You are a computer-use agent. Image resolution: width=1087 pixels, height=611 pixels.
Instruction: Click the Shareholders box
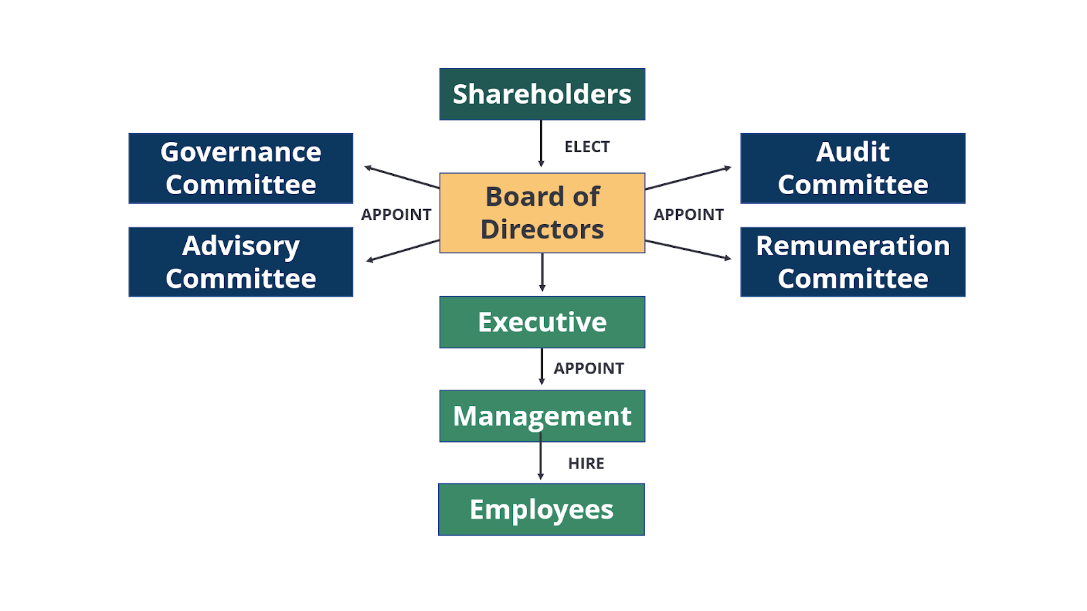tap(542, 94)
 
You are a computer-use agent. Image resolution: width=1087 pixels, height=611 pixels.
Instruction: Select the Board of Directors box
tap(542, 213)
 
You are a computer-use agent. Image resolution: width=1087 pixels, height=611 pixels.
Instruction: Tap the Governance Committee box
tap(240, 168)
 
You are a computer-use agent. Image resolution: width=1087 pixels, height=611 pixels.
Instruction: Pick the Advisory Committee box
tap(240, 262)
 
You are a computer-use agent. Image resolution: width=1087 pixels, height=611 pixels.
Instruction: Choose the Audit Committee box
tap(853, 168)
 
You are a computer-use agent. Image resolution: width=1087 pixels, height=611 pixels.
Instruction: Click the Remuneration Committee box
tap(853, 262)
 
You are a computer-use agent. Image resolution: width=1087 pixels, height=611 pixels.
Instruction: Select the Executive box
tap(542, 322)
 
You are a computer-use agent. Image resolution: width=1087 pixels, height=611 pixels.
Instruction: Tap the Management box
tap(542, 416)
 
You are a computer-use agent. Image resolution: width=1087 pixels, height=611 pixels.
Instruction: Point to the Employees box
tap(541, 509)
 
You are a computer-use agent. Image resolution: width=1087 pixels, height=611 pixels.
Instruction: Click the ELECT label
tap(587, 147)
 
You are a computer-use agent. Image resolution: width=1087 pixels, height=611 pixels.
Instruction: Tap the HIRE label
tap(586, 463)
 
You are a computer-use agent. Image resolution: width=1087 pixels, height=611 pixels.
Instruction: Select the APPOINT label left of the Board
tap(396, 215)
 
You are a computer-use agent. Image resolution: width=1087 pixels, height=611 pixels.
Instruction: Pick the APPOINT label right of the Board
tap(689, 215)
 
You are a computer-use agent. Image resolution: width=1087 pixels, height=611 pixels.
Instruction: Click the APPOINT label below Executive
tap(588, 368)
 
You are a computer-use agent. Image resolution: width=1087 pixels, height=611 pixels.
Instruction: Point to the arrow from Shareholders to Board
tap(541, 143)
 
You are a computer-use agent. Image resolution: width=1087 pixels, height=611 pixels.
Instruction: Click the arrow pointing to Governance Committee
tap(402, 177)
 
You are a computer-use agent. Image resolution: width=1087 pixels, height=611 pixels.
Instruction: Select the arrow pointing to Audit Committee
tap(688, 178)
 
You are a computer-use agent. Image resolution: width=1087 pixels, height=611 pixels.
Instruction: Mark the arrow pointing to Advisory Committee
tap(403, 251)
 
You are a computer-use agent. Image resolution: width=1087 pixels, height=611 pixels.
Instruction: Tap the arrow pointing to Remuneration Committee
tap(688, 251)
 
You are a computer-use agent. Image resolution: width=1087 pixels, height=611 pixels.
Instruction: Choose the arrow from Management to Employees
tap(541, 456)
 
